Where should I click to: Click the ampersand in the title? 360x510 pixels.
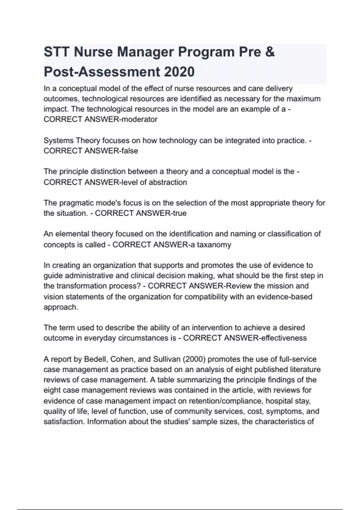pos(270,52)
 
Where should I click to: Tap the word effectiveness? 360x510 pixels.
pos(284,338)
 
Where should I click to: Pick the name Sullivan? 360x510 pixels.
pos(166,359)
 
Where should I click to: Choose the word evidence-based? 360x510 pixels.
pos(289,297)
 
